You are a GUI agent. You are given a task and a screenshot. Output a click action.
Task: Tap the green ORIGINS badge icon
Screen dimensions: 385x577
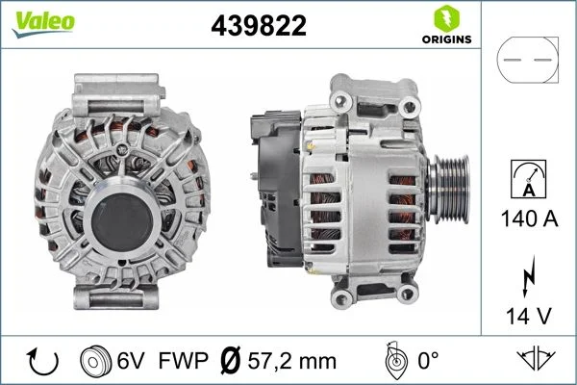444,18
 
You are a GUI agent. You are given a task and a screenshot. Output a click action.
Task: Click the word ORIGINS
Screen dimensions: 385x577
444,40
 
